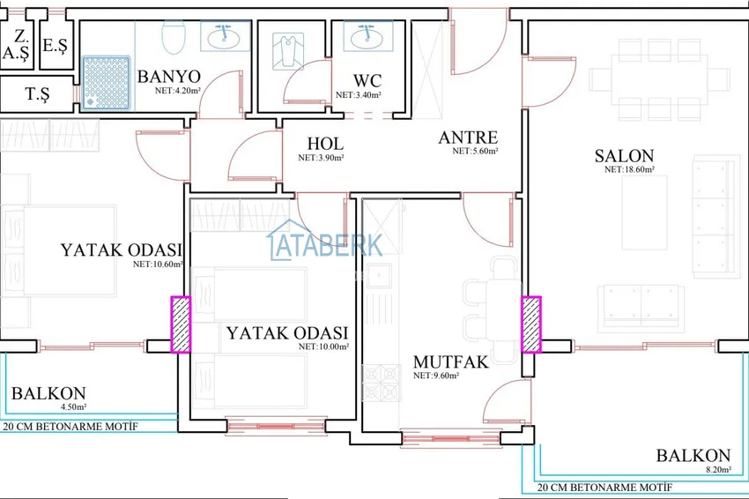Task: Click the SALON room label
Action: pyautogui.click(x=624, y=156)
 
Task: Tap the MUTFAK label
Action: pyautogui.click(x=450, y=361)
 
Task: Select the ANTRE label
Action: pyautogui.click(x=468, y=138)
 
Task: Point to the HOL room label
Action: pyautogui.click(x=325, y=144)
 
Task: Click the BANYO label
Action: pyautogui.click(x=168, y=77)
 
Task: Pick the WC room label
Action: pyautogui.click(x=367, y=80)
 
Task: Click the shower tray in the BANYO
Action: pyautogui.click(x=106, y=83)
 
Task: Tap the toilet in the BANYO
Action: pyautogui.click(x=173, y=37)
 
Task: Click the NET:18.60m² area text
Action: pyautogui.click(x=629, y=169)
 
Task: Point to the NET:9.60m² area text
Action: pyautogui.click(x=435, y=376)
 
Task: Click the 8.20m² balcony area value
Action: pyautogui.click(x=718, y=469)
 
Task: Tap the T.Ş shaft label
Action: pyautogui.click(x=37, y=94)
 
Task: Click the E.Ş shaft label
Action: pyautogui.click(x=55, y=46)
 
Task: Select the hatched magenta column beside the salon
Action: pyautogui.click(x=530, y=324)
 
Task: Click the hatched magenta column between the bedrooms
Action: pyautogui.click(x=181, y=324)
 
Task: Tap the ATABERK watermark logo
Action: pyautogui.click(x=325, y=242)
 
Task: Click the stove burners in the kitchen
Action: pyautogui.click(x=382, y=383)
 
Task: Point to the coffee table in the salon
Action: pyautogui.click(x=644, y=212)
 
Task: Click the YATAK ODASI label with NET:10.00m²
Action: pyautogui.click(x=287, y=332)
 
